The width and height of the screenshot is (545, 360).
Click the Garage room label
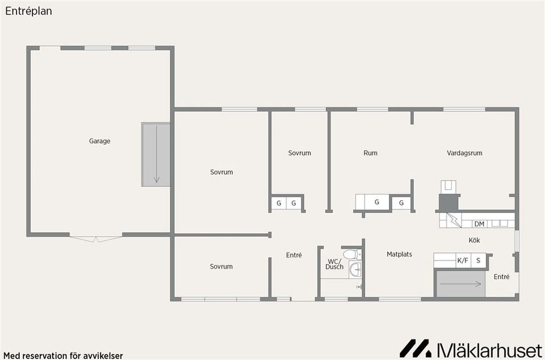(99, 141)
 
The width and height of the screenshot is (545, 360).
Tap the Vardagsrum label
(464, 153)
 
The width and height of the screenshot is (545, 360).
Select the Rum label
(370, 153)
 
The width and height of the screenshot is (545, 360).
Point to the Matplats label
(399, 254)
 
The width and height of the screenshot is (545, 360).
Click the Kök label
(474, 240)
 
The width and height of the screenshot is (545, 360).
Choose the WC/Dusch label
(334, 264)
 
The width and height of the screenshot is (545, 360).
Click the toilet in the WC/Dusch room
(353, 254)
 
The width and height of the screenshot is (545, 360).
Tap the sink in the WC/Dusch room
(355, 269)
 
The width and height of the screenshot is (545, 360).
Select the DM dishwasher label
(479, 224)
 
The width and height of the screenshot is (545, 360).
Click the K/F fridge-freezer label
(463, 260)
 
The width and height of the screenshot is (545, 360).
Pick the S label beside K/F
(478, 260)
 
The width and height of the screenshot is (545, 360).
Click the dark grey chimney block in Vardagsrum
(449, 203)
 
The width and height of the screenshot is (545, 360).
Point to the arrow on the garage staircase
(157, 153)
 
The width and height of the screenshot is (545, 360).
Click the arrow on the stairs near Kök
(460, 284)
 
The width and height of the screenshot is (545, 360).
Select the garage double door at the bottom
(96, 238)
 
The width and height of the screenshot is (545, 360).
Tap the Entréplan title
(29, 11)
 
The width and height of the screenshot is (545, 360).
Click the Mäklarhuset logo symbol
(416, 349)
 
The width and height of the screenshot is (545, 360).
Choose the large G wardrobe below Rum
(376, 202)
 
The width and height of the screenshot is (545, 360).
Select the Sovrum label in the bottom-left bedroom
(221, 266)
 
